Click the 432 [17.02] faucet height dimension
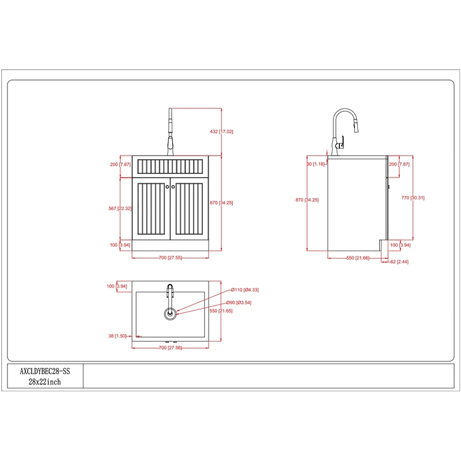tap(221, 131)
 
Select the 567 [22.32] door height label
tap(120, 209)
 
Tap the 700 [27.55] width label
tap(170, 258)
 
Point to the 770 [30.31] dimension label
tap(413, 198)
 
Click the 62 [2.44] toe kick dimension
tap(399, 262)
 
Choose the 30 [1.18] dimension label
tap(316, 164)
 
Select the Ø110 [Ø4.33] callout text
tap(244, 290)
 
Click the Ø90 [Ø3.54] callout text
tap(239, 303)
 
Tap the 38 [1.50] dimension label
tap(118, 336)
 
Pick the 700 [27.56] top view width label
tap(170, 348)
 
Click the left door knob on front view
tap(167, 187)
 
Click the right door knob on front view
tap(173, 187)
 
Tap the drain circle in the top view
tap(170, 313)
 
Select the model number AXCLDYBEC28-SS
tap(45, 371)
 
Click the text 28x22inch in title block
tap(45, 382)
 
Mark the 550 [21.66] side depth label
tap(358, 258)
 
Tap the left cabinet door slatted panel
tap(151, 209)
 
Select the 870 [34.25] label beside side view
tap(307, 200)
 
